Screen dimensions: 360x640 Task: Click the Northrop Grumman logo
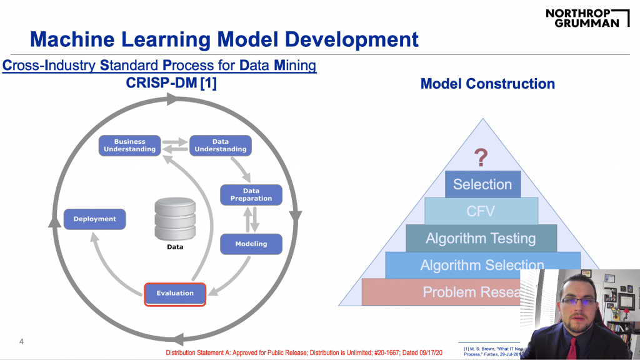point(587,17)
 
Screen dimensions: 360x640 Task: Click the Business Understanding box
point(129,146)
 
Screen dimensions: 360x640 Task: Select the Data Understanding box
point(220,146)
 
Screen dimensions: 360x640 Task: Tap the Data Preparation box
point(251,194)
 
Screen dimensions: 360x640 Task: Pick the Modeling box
point(251,244)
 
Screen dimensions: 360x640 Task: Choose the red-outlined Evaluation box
point(175,293)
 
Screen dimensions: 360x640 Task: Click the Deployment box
point(95,219)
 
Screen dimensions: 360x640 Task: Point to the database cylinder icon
point(175,218)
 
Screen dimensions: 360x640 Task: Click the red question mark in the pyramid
point(481,157)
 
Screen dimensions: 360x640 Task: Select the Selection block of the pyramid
point(482,184)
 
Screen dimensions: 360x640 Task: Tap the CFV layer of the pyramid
point(481,211)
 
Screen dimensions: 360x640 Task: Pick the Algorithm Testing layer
point(481,238)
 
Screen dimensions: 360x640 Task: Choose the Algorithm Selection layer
point(482,265)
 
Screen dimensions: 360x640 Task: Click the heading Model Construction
point(487,83)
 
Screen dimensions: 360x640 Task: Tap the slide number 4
point(21,342)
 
